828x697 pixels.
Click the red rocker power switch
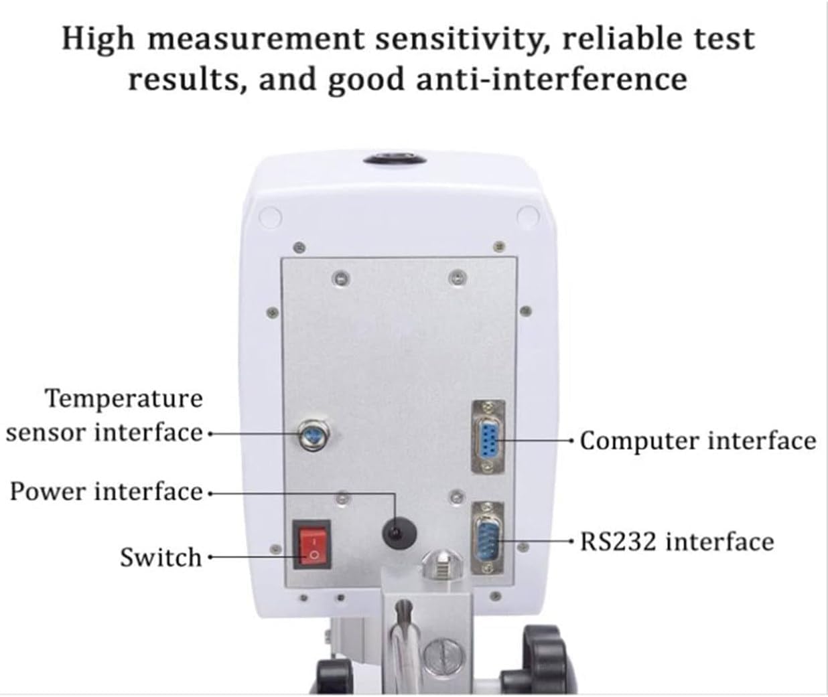click(312, 545)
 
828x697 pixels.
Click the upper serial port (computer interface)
click(488, 437)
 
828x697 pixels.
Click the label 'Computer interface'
click(697, 441)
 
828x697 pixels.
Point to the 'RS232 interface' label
click(677, 541)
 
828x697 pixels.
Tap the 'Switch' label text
click(160, 557)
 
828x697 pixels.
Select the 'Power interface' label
click(106, 492)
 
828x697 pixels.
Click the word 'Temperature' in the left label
click(124, 399)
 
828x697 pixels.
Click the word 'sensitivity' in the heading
click(457, 39)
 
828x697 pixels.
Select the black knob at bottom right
click(543, 656)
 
